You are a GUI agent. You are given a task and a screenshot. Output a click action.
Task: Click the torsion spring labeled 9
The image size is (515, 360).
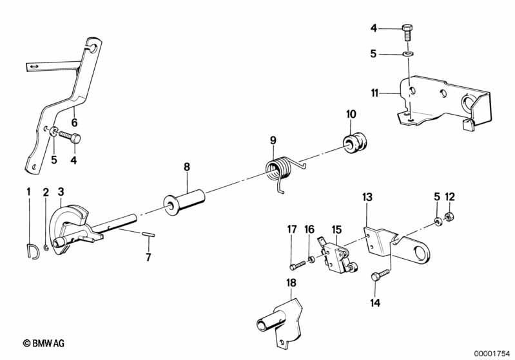(279, 171)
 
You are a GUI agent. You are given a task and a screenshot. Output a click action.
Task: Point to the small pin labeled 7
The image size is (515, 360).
(148, 234)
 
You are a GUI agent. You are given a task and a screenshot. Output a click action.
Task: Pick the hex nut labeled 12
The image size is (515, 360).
(449, 216)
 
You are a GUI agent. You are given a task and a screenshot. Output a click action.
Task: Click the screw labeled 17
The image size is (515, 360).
(298, 265)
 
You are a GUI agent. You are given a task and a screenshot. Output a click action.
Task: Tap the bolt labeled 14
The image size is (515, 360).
(380, 275)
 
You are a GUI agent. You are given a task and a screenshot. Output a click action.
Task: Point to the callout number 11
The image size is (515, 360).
(374, 93)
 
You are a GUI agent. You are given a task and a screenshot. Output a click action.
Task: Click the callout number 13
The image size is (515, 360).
(367, 197)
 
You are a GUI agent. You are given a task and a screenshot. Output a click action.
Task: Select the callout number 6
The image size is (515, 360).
(75, 122)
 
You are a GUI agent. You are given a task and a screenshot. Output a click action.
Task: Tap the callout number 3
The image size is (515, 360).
(61, 192)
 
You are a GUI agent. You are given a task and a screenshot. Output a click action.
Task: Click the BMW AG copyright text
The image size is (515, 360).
(44, 343)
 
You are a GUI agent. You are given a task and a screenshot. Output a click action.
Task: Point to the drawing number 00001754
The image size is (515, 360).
(492, 353)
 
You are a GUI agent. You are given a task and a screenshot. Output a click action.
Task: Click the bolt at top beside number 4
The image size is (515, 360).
(407, 32)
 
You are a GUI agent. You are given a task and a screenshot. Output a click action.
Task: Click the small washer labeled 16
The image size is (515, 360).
(311, 260)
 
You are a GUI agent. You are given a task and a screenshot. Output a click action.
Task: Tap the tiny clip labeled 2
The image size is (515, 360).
(46, 247)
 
